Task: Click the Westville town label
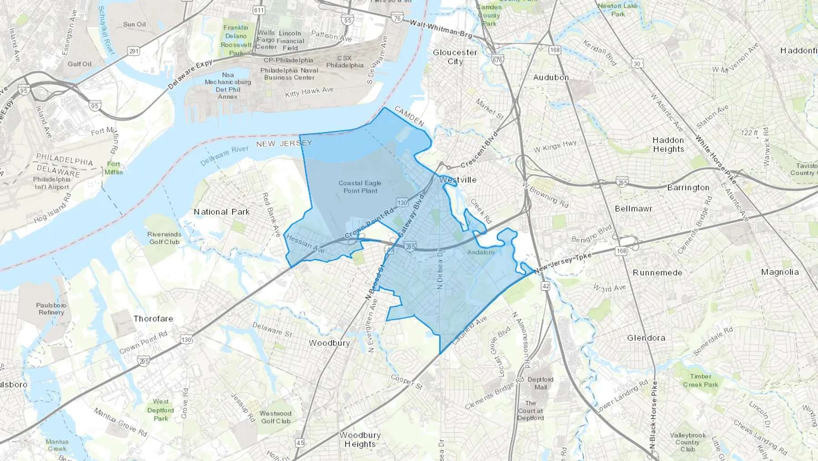458,180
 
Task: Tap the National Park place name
222,212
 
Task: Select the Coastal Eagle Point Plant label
360,187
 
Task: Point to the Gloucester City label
455,57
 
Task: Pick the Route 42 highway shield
546,286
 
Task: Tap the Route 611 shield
259,10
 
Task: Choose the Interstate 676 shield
497,60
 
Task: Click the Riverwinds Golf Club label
164,238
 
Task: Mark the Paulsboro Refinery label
51,309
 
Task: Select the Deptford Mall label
540,383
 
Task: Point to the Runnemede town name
657,273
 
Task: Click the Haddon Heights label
668,145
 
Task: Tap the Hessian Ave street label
305,244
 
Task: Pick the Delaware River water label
224,155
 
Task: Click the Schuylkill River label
106,30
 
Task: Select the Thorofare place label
153,319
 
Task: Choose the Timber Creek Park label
700,380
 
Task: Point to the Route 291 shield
134,51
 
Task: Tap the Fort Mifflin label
114,168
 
